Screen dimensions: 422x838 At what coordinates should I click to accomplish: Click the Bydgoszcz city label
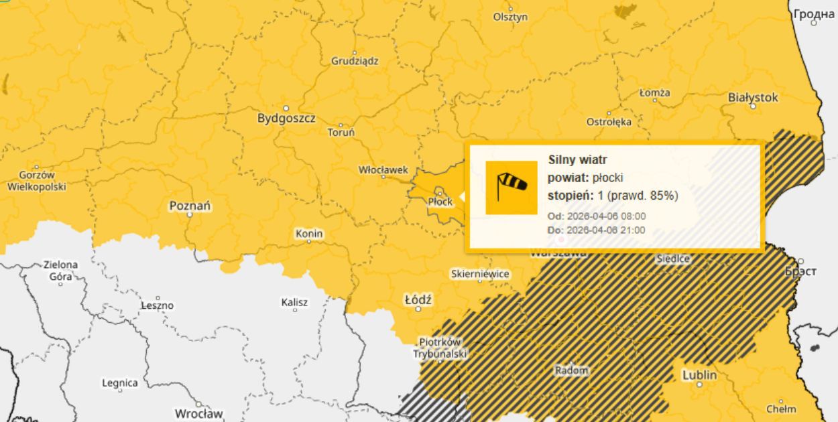coord(286,119)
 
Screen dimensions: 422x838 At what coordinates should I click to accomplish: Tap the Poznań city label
coord(190,206)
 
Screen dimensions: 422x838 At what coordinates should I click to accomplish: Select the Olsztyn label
coord(510,17)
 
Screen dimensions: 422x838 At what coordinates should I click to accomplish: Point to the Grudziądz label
coord(355,61)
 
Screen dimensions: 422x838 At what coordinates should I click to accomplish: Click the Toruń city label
coord(341,132)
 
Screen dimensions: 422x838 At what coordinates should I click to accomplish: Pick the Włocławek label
coord(383,170)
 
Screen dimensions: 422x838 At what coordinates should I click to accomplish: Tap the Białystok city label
coord(753,98)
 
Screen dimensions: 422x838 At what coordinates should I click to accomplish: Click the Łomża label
coord(654,92)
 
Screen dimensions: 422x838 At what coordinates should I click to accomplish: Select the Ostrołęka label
coord(609,122)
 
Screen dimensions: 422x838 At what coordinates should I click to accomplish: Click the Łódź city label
coord(418,299)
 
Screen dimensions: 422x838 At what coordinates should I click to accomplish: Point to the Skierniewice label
coord(480,274)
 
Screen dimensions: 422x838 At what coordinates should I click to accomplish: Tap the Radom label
coord(571,370)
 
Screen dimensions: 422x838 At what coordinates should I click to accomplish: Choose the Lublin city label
coord(699,375)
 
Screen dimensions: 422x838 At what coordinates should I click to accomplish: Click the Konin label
coord(309,234)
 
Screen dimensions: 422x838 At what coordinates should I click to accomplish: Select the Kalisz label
coord(294,302)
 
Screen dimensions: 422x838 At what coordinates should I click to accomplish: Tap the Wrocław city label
coord(198,413)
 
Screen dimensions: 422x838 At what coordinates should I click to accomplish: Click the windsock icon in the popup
coord(512,188)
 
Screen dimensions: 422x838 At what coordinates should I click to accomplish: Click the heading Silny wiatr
coord(578,159)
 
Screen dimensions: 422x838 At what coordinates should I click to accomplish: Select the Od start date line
coord(597,216)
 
